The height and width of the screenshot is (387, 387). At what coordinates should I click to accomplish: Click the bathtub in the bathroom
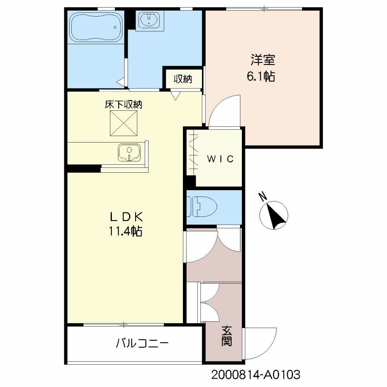pos(96,27)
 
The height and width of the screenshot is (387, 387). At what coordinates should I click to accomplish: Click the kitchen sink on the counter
pos(129,153)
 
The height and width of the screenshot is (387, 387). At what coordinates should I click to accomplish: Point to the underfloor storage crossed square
pos(124,123)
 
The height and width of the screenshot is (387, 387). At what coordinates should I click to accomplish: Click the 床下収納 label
pos(124,105)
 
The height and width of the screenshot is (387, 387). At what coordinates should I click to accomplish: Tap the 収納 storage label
pos(183,79)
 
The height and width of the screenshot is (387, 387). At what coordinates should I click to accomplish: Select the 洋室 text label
pos(263,60)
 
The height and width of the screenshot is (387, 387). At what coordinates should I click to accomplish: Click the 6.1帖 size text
pos(261,76)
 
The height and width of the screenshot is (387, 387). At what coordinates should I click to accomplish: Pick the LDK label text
pos(126,217)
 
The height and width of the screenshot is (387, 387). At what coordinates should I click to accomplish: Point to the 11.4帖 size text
pos(125,231)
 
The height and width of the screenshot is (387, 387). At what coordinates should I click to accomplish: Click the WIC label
pos(220,159)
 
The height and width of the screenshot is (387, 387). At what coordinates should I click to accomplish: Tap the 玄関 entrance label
pos(227,336)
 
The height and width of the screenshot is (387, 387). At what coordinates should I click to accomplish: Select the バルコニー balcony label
pos(142,343)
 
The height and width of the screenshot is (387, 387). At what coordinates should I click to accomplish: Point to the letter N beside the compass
pos(263,196)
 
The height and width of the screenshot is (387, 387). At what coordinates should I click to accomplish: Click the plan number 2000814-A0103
pos(256,375)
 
